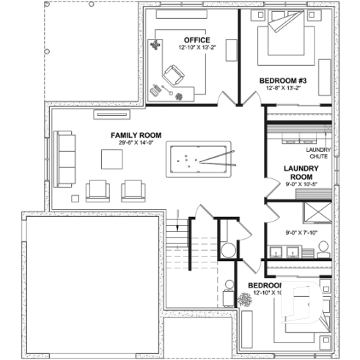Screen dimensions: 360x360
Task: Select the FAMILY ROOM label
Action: click(x=136, y=136)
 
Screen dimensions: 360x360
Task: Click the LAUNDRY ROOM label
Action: click(x=301, y=172)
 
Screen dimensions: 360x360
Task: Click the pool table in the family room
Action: click(x=199, y=158)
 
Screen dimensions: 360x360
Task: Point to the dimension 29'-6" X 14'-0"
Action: click(x=136, y=144)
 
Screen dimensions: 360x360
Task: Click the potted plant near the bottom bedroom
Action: click(x=244, y=300)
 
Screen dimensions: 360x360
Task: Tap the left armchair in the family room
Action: click(x=98, y=190)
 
